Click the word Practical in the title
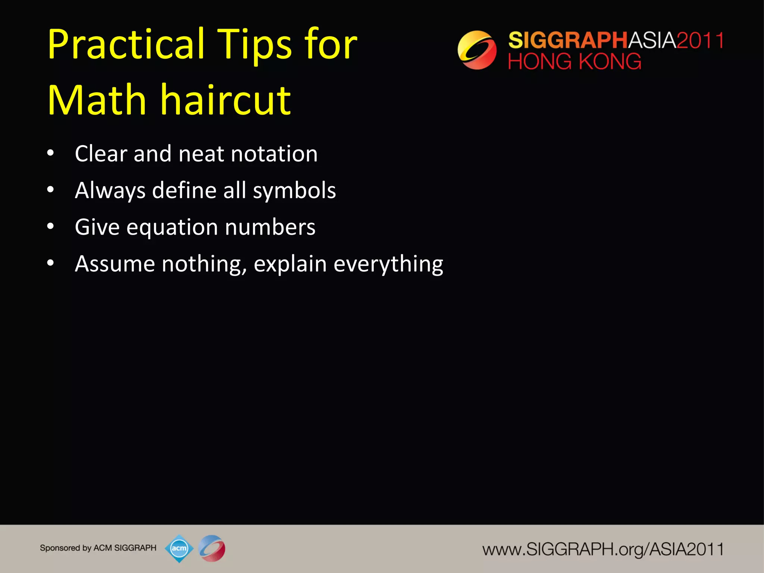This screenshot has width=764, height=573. pos(126,45)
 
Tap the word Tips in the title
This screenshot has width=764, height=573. pos(254,45)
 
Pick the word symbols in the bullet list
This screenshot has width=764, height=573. pos(294,191)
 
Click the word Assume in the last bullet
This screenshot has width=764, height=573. pos(115,264)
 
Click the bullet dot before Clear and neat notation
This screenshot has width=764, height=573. pos(51,153)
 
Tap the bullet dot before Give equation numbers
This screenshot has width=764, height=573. pos(51,227)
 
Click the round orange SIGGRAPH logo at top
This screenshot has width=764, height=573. pos(477,50)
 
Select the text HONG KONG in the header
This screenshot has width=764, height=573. pos(574,62)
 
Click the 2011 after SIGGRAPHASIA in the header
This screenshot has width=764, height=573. pos(700,40)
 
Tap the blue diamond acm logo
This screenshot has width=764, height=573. pos(179,548)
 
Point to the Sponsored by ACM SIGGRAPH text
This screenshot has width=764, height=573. pos(98,548)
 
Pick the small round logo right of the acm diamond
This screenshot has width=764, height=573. pos(212,548)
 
